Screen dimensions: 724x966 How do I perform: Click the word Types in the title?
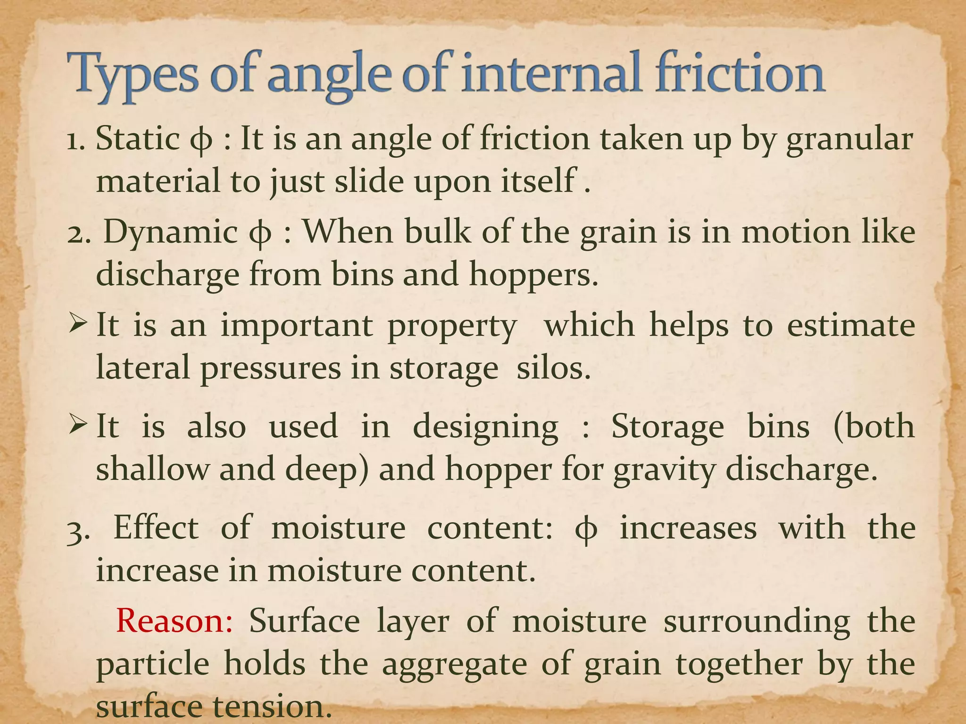pos(131,75)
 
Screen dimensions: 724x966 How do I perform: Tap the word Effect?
pos(156,528)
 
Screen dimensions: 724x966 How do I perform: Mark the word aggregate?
pos(454,665)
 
